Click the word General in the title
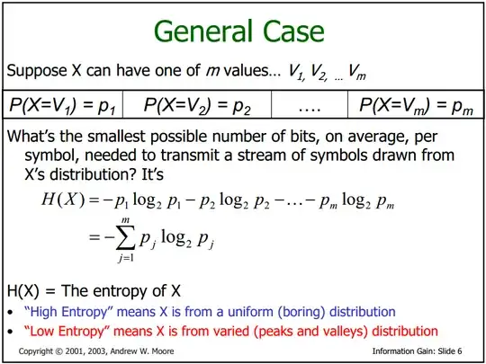coord(203,31)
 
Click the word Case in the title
coord(293,31)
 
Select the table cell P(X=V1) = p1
coord(63,104)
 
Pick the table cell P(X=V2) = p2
coord(197,104)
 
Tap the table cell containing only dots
coord(310,104)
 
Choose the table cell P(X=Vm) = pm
coord(416,104)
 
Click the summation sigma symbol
coord(125,237)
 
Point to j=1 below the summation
coord(125,258)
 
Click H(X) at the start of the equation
coord(63,199)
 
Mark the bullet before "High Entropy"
coord(11,312)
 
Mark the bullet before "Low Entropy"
coord(11,332)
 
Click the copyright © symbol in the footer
coord(58,351)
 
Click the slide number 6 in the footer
coord(459,351)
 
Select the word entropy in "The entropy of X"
coord(122,291)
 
